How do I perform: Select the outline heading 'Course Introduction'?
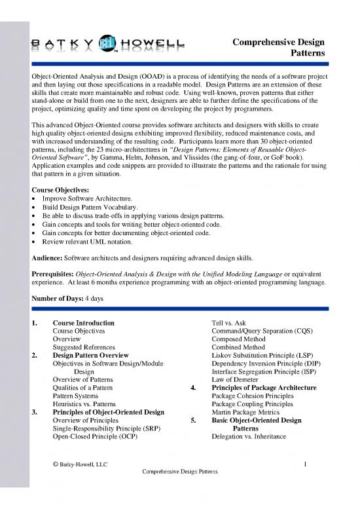click(x=83, y=323)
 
